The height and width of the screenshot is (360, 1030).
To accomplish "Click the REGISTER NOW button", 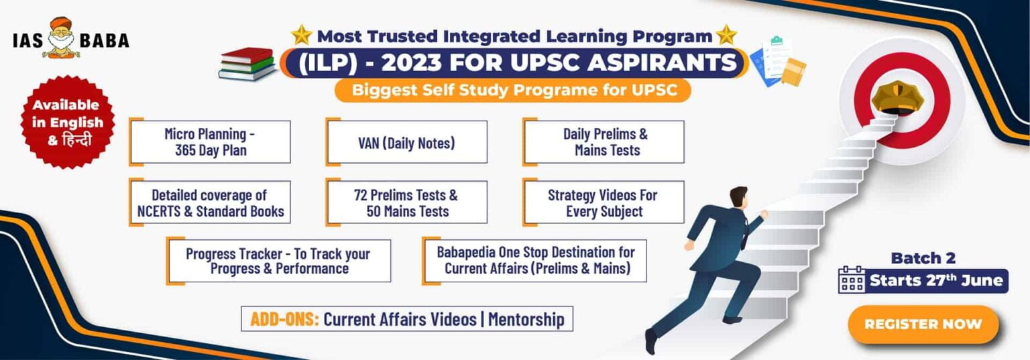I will tap(923, 324).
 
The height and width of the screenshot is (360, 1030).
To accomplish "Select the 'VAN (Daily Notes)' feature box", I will tap(406, 142).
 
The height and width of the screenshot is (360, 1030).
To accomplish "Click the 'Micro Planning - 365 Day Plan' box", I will tap(211, 142).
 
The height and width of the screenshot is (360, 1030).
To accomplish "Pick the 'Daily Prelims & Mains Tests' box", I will tap(604, 142).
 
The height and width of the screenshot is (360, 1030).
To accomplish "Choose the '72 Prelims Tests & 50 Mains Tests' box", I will tap(406, 203).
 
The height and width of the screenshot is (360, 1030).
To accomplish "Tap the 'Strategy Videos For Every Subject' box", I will tap(604, 203).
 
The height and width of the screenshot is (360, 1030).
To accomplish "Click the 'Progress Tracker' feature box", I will tap(278, 261).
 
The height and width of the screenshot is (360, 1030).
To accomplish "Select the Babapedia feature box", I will tap(535, 261).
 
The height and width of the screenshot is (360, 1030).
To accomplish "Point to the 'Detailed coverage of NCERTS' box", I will tap(210, 203).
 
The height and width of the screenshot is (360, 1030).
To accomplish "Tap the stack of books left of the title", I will tap(247, 64).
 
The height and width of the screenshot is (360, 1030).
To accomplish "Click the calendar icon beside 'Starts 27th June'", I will tap(852, 279).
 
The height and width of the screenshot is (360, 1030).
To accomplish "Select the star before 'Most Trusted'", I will tap(302, 35).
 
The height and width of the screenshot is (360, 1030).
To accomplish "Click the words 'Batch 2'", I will tap(923, 258).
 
